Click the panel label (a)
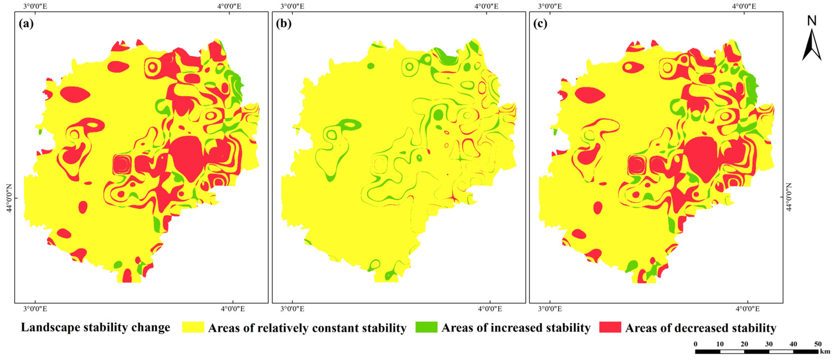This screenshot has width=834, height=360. pyautogui.click(x=26, y=24)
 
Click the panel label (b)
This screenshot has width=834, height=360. pyautogui.click(x=284, y=24)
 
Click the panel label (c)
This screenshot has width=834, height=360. pyautogui.click(x=540, y=24)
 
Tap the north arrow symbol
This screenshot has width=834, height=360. pyautogui.click(x=812, y=45)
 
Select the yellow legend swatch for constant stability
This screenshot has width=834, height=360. pyautogui.click(x=193, y=327)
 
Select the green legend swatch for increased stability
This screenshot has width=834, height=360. pyautogui.click(x=426, y=327)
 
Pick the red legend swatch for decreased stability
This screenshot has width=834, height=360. pyautogui.click(x=610, y=327)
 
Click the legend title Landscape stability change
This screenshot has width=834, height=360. pyautogui.click(x=96, y=327)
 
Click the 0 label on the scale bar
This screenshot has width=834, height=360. pyautogui.click(x=695, y=344)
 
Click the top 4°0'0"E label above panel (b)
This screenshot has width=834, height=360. pyautogui.click(x=487, y=6)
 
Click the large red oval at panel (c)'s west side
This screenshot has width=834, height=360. pyautogui.click(x=590, y=95)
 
